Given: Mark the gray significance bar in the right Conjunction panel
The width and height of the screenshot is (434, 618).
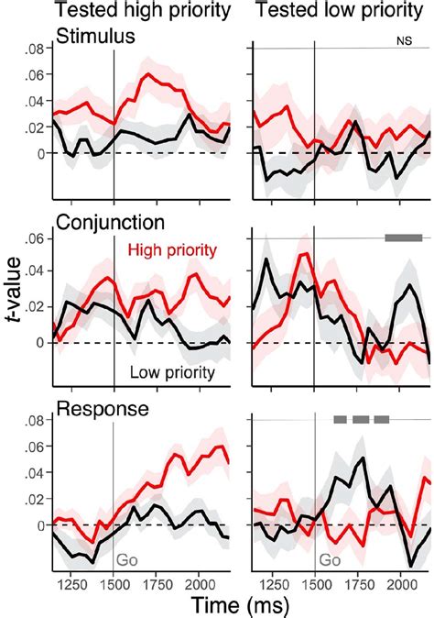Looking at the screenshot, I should pos(402,237).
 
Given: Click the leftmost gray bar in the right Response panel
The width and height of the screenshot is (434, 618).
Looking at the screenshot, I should pos(340,420).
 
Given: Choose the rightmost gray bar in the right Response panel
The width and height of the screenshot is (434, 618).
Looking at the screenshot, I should pos(382,420).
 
